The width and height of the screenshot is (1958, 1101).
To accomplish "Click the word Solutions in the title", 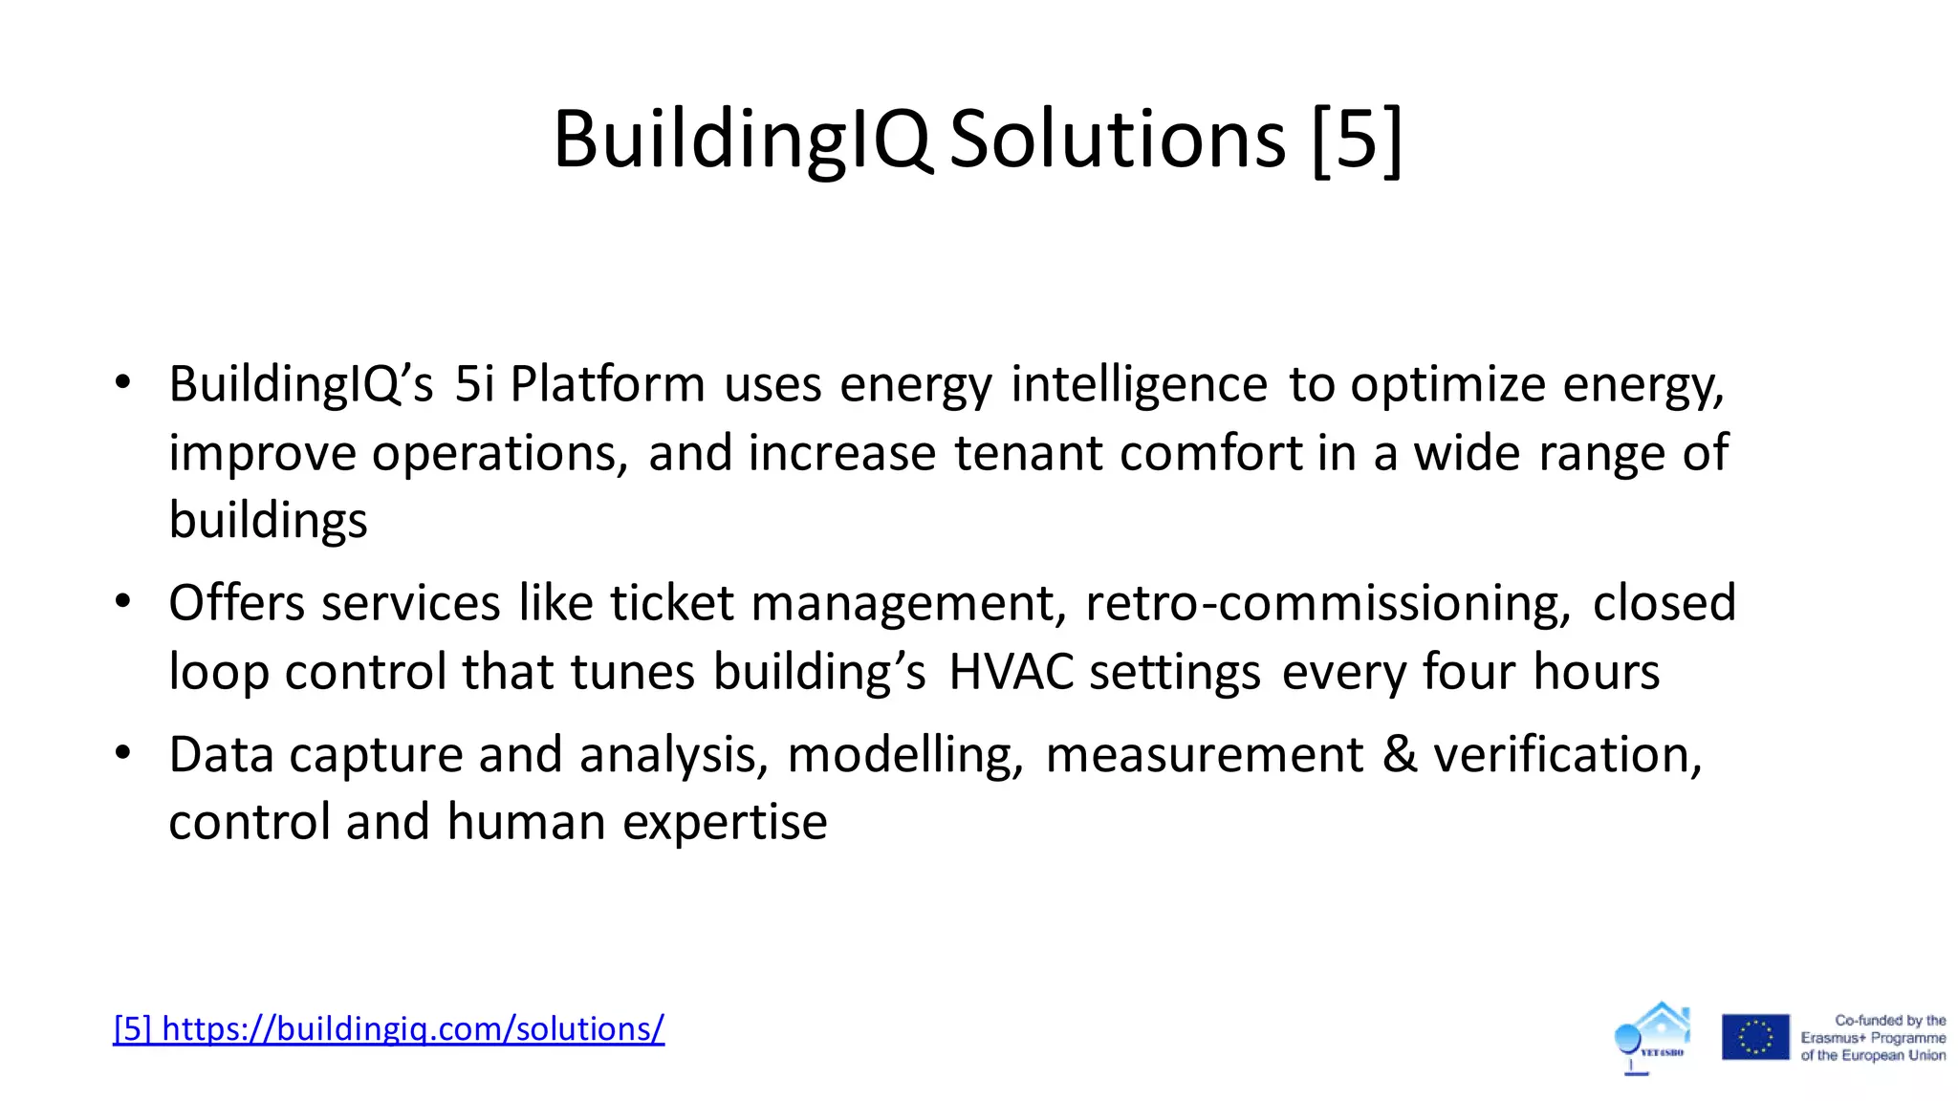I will pos(1117,140).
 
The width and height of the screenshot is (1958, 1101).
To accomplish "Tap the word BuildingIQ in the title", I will pos(742,140).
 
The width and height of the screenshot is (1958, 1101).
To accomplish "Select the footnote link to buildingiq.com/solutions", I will pos(388,1028).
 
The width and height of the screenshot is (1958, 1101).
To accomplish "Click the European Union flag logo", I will pos(1755,1038).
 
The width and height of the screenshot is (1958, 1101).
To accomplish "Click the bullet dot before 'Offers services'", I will pos(122,602).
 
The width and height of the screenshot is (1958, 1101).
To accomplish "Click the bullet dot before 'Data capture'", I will pos(122,753).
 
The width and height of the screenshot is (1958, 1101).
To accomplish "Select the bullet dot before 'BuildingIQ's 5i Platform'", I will pos(122,383).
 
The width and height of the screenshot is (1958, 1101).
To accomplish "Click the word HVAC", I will pos(1012,672).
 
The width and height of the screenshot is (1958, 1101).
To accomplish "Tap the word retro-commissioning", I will pos(1327,604).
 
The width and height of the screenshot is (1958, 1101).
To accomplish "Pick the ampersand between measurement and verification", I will pos(1400,754).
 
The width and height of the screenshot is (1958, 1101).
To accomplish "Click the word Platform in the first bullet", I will pos(607,384).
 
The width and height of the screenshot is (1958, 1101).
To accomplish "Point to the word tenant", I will pos(1028,453).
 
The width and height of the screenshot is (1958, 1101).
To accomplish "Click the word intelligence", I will pos(1139,385).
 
